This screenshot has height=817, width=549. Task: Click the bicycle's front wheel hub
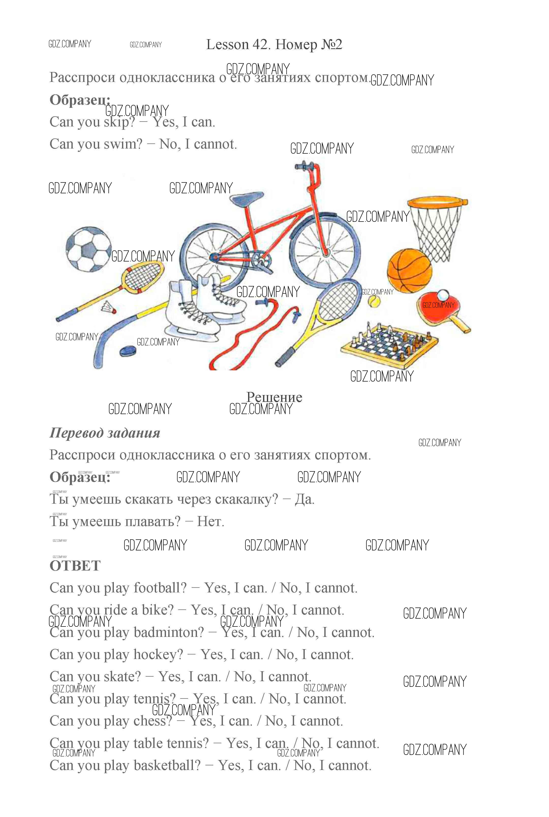point(326,252)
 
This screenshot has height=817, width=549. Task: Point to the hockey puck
point(128,350)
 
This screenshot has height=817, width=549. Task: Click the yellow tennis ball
point(374,301)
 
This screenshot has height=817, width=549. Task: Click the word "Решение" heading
point(274,397)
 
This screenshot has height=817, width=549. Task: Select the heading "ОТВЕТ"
point(75,566)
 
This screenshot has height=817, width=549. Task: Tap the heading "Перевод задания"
point(105,433)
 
